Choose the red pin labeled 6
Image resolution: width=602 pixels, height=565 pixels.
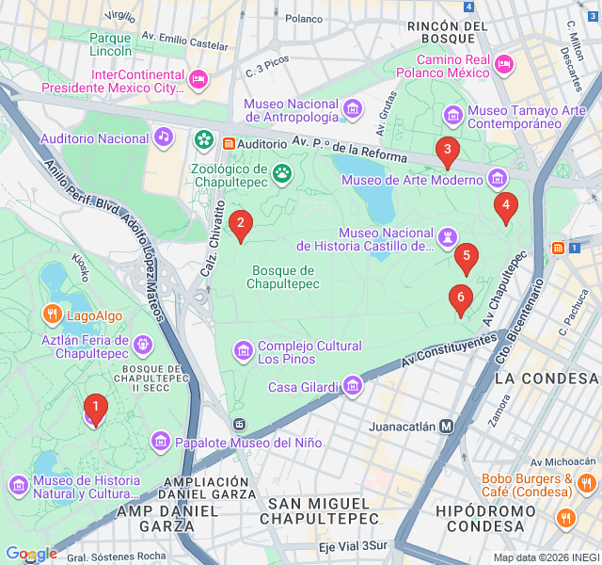[x=460, y=299]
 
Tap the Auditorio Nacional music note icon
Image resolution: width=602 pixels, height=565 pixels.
[x=164, y=137]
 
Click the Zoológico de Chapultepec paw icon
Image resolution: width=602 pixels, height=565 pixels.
[x=281, y=172]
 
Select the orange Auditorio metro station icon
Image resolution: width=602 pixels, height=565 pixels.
[x=229, y=143]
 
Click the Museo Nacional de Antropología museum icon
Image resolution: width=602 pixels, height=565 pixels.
[x=353, y=110]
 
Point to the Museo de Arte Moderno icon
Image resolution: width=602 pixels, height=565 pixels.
[x=497, y=179]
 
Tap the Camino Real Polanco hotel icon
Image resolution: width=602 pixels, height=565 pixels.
[x=504, y=65]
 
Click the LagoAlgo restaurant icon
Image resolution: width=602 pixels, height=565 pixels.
[x=52, y=315]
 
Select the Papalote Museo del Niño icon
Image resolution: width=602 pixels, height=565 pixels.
[x=160, y=442]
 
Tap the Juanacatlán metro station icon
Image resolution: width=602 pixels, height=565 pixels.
[x=447, y=426]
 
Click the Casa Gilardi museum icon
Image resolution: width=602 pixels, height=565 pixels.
[x=352, y=386]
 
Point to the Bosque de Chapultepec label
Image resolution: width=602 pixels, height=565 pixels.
[x=283, y=277]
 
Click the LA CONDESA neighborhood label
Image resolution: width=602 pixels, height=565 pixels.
[x=546, y=378]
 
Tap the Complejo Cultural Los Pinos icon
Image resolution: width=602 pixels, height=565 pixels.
[x=243, y=351]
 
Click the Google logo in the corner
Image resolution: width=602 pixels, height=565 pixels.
[x=31, y=554]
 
